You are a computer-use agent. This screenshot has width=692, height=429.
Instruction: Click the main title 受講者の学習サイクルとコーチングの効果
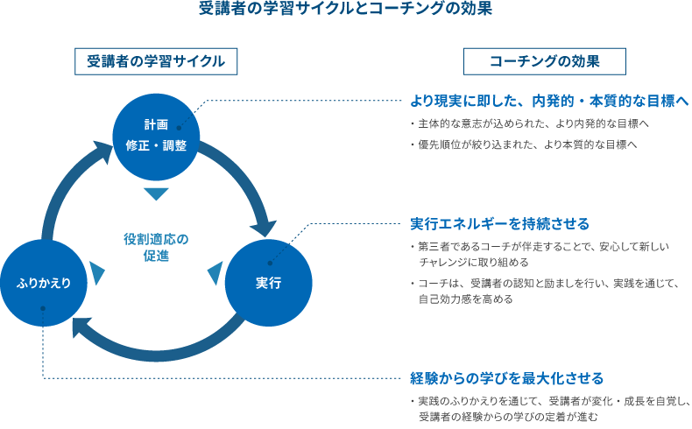(345, 11)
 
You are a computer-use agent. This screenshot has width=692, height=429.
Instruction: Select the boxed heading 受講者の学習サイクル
(156, 61)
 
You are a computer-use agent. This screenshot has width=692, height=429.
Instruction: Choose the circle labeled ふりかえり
(42, 283)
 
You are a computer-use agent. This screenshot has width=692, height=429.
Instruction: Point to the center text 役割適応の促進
(156, 247)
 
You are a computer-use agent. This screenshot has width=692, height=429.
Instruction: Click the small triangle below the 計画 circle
(155, 194)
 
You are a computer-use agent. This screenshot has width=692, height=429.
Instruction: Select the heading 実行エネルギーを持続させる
(499, 223)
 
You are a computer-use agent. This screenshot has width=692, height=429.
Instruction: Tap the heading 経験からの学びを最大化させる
(506, 379)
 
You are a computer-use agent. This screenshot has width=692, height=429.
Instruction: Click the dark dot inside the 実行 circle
(270, 262)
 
